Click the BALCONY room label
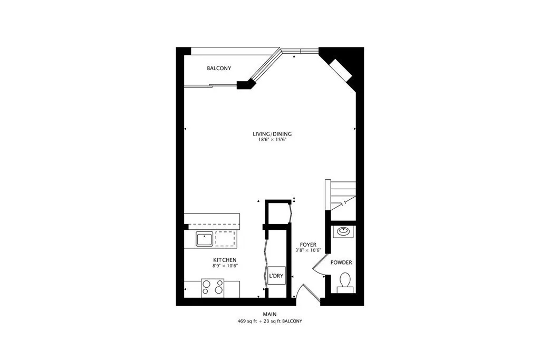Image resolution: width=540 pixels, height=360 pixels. coord(219,69)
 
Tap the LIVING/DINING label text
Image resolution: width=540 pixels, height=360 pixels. coord(272,134)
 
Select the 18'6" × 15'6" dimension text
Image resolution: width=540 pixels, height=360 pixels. coord(272,141)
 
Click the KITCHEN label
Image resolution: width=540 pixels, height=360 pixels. coord(224,260)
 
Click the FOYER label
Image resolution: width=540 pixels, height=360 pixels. coord(308,245)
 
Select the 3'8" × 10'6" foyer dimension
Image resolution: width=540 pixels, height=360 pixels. coord(308,251)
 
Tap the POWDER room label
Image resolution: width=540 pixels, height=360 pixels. coord(341,262)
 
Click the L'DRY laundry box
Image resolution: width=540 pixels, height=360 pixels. coord(275,276)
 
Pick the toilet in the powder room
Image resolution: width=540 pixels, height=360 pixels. coord(345,281)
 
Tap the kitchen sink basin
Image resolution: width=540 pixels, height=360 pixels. coord(204,239)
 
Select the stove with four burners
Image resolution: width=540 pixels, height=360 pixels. coord(213,288)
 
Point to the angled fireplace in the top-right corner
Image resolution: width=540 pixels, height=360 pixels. coord(340,70)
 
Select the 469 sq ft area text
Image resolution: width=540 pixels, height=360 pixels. coord(252,321)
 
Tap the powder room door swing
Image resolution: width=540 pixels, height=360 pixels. coord(319,268)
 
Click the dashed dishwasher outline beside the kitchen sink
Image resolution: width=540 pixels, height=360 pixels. coord(226,239)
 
